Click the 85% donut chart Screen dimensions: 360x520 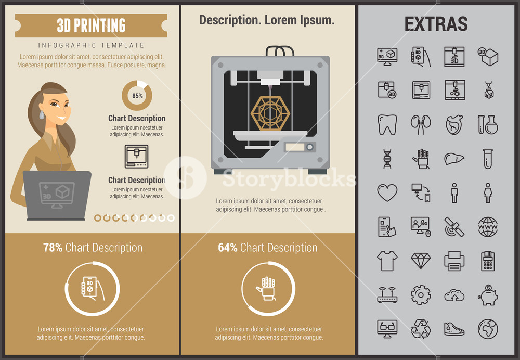click(x=137, y=96)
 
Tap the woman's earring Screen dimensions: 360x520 click(x=42, y=114)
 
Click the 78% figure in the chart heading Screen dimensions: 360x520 click(x=53, y=248)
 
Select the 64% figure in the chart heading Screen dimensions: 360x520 click(x=228, y=248)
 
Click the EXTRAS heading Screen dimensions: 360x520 click(x=436, y=24)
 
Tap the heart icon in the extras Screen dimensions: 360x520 click(x=387, y=192)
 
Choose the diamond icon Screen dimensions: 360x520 click(x=421, y=260)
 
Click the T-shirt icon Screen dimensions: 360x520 click(x=387, y=260)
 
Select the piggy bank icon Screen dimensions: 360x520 click(x=488, y=295)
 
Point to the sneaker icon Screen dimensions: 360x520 click(x=454, y=329)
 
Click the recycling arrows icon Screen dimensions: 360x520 click(x=421, y=329)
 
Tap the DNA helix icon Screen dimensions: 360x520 click(x=387, y=159)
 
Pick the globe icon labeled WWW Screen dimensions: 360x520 click(x=488, y=227)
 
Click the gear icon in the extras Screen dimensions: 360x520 click(x=421, y=295)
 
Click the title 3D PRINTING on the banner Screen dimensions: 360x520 click(x=91, y=25)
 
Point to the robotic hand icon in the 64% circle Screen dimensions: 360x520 click(x=268, y=288)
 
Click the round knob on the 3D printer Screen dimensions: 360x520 click(x=310, y=147)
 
